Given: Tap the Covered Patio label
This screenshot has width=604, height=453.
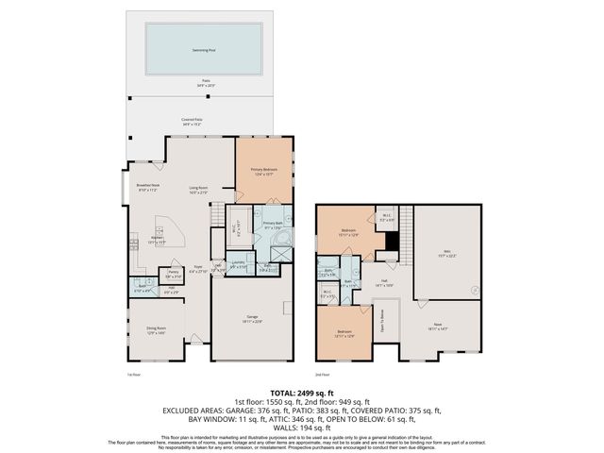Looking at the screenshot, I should [199, 121].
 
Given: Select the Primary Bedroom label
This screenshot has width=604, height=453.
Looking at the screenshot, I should [263, 172].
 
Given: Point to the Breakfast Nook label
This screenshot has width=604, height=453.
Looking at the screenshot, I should [147, 188].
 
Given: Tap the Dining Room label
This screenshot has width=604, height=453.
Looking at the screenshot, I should [155, 330].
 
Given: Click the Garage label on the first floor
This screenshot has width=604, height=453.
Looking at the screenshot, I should [252, 318].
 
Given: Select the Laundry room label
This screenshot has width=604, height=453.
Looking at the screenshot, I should [240, 265].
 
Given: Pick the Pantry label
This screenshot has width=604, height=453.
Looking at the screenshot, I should [173, 275].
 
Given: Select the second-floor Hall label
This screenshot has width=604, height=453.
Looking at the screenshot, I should [386, 282].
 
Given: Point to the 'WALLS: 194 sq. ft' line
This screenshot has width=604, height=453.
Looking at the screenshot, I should [301, 428].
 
